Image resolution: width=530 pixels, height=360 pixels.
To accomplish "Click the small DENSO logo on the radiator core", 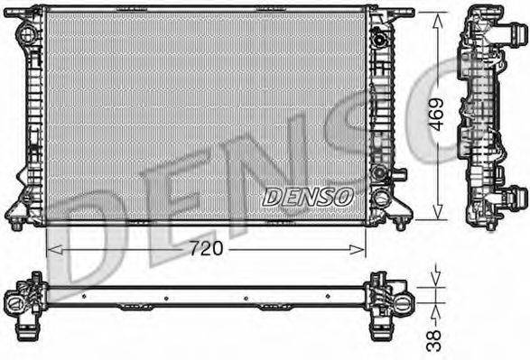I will point(309,194).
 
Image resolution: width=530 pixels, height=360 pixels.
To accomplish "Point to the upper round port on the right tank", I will point(380,41).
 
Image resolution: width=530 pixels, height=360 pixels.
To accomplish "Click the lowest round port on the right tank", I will point(380,198).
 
